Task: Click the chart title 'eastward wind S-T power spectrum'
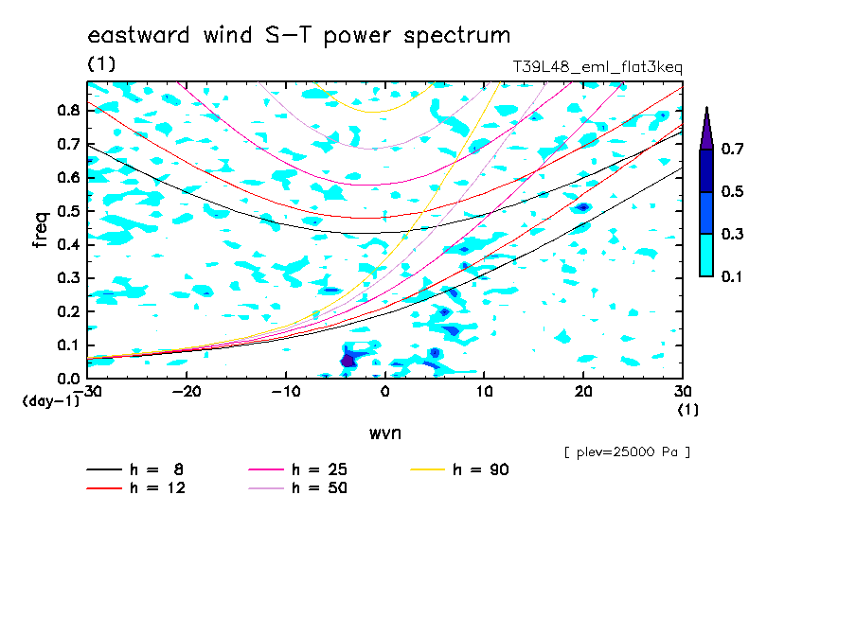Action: click(298, 36)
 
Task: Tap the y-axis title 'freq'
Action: click(40, 229)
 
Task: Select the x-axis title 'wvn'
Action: click(385, 433)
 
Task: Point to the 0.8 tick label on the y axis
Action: click(68, 110)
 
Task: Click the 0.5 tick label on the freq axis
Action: click(68, 211)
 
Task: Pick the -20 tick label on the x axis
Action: click(187, 392)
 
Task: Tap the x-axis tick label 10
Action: click(484, 392)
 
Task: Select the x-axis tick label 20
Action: click(583, 392)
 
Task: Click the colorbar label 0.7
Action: click(732, 149)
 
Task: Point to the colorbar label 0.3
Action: click(732, 234)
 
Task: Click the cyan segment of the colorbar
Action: click(706, 255)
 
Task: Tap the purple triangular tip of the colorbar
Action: click(706, 128)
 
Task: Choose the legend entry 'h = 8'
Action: click(134, 469)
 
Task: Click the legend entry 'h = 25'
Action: click(297, 469)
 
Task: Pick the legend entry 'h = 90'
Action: click(459, 469)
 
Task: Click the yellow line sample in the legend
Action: click(427, 469)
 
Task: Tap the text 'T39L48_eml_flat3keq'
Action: click(597, 67)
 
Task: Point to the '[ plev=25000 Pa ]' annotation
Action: click(627, 452)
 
